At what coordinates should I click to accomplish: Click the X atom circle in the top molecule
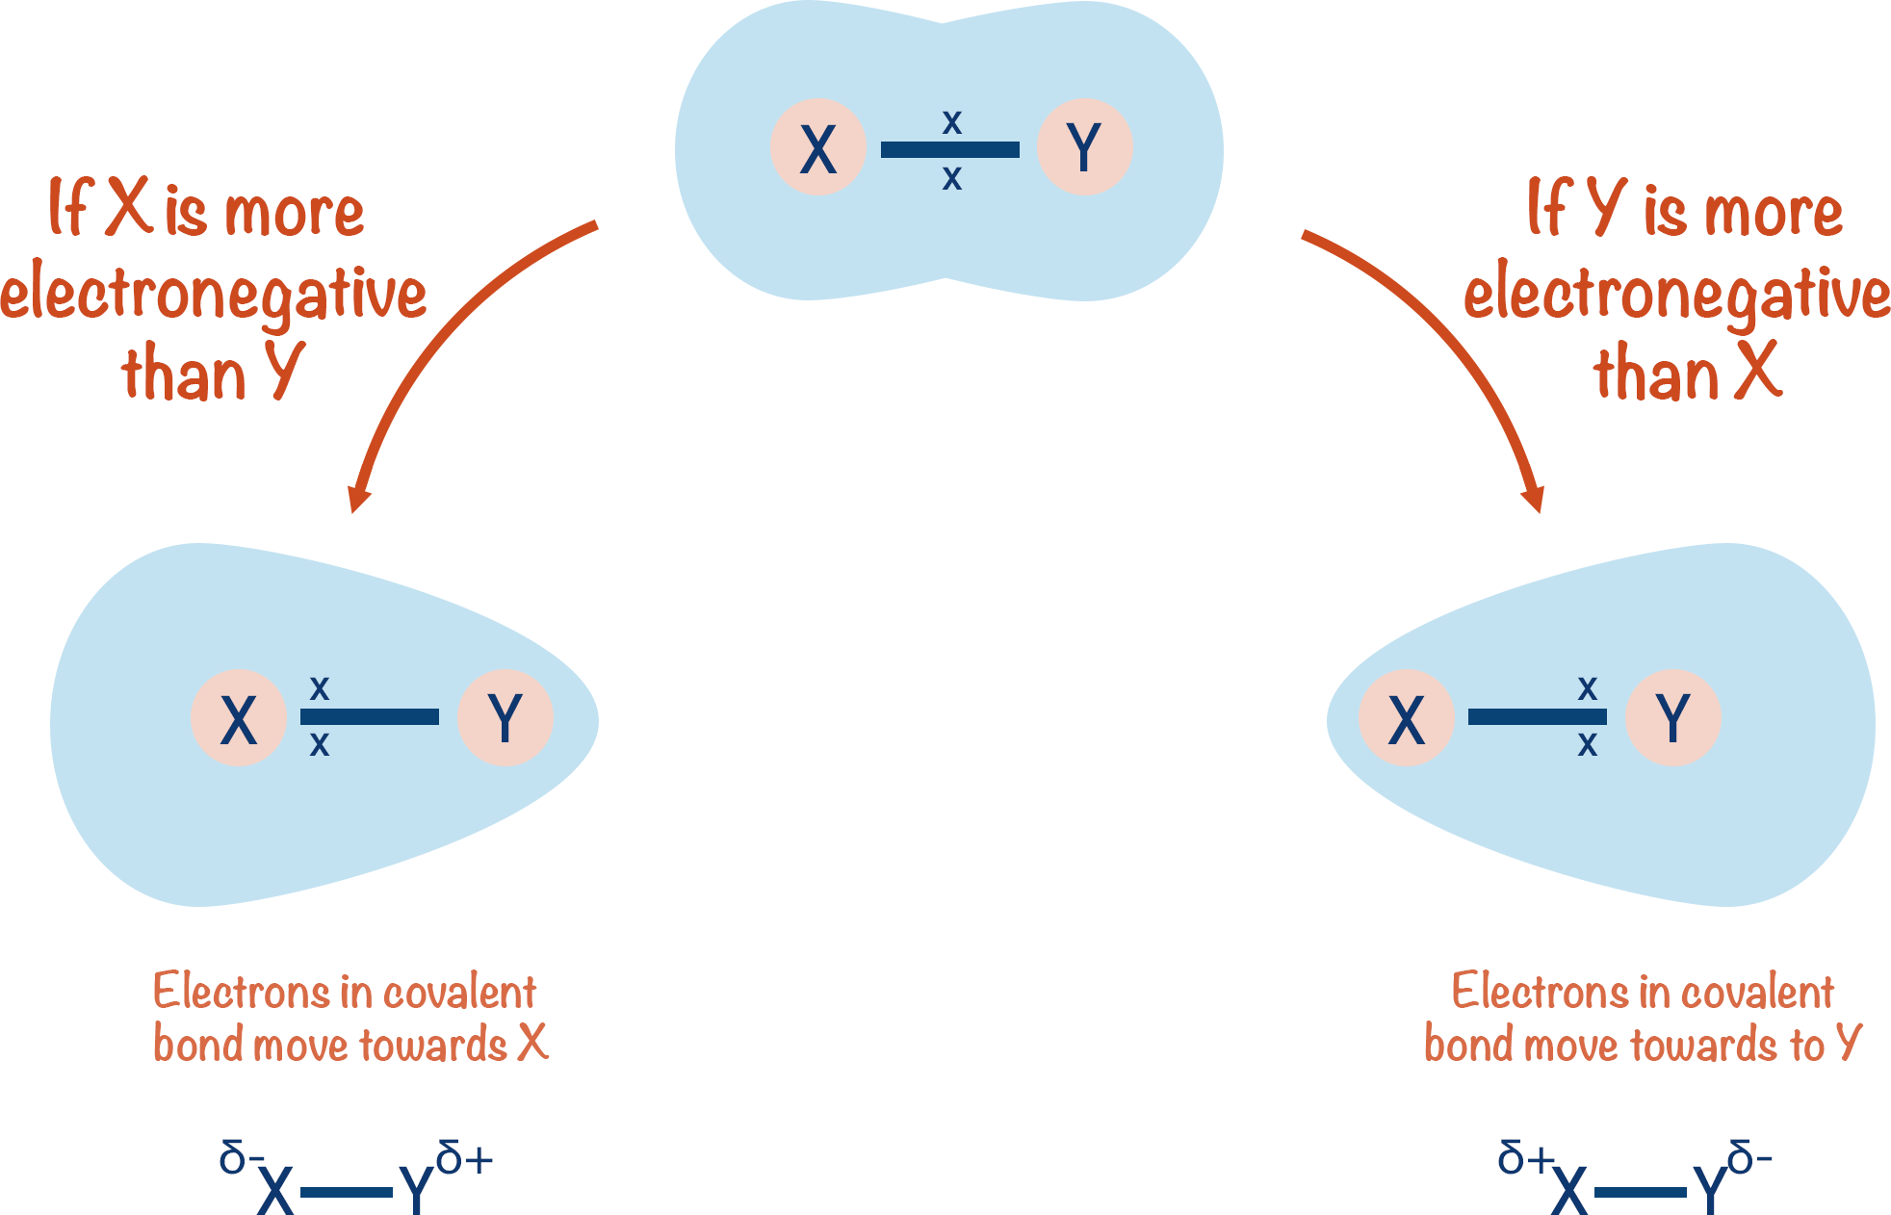point(817,147)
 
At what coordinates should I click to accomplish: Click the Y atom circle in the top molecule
point(1084,147)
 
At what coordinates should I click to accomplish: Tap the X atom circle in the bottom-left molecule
point(238,718)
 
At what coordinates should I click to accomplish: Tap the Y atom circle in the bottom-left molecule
point(505,718)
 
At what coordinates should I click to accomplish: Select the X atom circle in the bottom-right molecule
point(1406,718)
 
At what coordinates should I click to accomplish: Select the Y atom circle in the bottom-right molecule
point(1672,718)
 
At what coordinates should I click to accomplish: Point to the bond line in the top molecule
point(949,149)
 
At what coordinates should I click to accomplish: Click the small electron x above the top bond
point(951,122)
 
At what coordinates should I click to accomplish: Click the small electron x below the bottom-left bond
point(320,744)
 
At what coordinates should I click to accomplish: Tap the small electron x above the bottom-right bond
point(1588,688)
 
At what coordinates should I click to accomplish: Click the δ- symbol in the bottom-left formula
point(239,1157)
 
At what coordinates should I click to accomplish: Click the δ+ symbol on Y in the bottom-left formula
point(464,1159)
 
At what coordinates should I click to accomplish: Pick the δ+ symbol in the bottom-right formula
point(1525,1158)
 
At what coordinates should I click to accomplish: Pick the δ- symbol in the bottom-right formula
point(1749,1158)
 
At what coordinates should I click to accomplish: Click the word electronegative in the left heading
point(214,294)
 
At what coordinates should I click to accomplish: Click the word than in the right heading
point(1656,375)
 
